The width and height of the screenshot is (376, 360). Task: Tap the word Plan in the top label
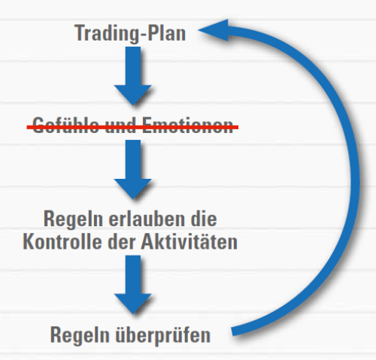click(x=166, y=33)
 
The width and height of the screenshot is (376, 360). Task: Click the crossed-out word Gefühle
click(x=65, y=125)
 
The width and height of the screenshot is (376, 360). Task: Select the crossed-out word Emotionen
click(x=188, y=125)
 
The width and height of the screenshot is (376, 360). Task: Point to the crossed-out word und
click(x=120, y=125)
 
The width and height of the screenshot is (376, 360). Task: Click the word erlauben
click(x=147, y=219)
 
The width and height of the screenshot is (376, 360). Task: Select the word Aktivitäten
click(x=190, y=241)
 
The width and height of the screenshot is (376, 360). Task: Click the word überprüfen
click(x=163, y=335)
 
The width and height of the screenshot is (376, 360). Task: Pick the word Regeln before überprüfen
click(x=80, y=336)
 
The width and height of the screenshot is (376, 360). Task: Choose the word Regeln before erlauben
click(x=73, y=219)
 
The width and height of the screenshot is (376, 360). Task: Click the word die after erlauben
click(x=204, y=219)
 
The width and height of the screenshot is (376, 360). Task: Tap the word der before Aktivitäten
click(x=122, y=241)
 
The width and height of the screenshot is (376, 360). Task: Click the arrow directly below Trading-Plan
click(x=133, y=76)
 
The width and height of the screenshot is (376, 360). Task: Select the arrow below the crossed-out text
click(x=133, y=169)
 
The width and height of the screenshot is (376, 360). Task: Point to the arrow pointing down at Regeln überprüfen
click(x=133, y=284)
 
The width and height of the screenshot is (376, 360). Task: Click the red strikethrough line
click(x=132, y=128)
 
